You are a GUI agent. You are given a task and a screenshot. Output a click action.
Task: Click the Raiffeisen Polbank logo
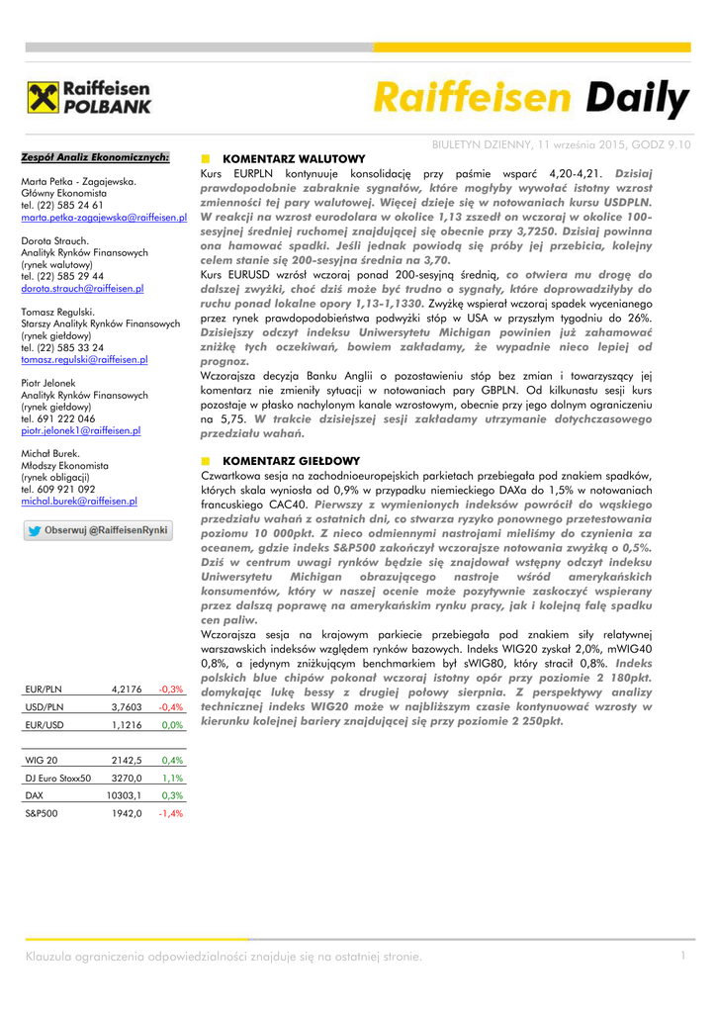point(89,99)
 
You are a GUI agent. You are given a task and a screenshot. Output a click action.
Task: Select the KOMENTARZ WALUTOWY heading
point(294,158)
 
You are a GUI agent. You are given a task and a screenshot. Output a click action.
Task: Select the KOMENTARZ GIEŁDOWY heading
point(291,461)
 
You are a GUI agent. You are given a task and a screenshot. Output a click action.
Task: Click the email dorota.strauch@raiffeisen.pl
point(82,288)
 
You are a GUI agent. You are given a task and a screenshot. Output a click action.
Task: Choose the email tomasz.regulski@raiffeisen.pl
point(84,359)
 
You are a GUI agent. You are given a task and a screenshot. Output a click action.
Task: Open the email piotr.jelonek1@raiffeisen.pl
point(80,430)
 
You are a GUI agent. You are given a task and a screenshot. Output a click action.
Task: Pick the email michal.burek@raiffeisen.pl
point(79,502)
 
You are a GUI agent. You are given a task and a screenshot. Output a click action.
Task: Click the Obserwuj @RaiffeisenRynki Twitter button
point(97,530)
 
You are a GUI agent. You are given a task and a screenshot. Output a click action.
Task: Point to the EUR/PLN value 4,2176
point(128,689)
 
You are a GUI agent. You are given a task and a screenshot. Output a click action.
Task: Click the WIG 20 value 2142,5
point(128,761)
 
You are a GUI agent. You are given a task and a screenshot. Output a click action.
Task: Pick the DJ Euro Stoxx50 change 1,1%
point(173,779)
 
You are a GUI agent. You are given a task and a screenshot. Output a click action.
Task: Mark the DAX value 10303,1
point(125,795)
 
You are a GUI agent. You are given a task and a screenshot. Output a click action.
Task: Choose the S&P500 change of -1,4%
point(171,813)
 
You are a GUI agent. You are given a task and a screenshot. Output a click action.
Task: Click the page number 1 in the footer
point(682,955)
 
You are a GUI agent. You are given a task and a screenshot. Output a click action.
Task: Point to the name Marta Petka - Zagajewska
point(79,182)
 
